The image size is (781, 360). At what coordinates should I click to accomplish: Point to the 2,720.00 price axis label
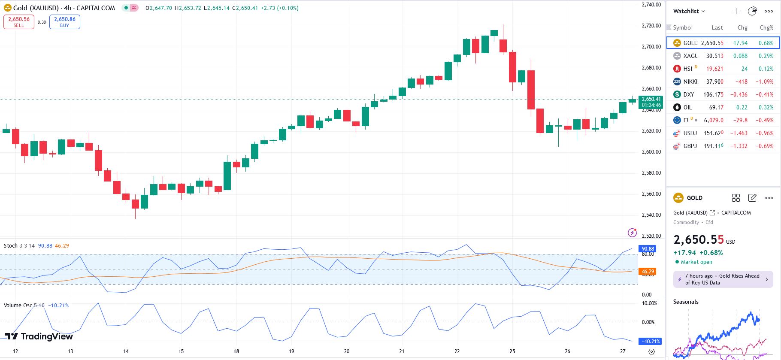(651, 26)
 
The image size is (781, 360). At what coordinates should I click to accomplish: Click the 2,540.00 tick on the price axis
(651, 215)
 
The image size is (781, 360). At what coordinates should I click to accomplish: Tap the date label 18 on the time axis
(236, 351)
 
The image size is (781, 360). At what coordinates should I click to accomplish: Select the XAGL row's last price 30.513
(714, 56)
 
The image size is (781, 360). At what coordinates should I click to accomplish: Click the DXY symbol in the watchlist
(688, 94)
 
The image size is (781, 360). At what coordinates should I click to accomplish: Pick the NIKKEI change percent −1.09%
(764, 82)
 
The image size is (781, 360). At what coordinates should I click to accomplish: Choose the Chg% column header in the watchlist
(766, 27)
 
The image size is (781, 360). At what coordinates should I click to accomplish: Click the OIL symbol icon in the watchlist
(677, 107)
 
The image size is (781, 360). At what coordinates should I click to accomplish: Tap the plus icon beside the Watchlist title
(736, 11)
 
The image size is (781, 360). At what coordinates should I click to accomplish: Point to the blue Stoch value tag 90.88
(648, 249)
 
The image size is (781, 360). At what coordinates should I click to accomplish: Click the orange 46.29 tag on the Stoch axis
(648, 272)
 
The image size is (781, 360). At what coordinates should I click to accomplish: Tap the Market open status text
(696, 262)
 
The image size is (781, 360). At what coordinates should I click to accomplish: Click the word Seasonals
(686, 302)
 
